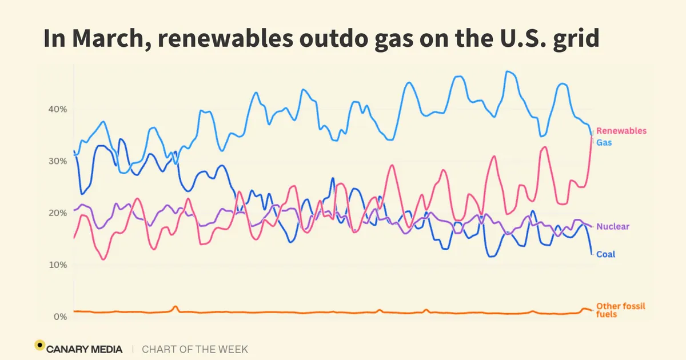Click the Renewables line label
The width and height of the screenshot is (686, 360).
click(621, 131)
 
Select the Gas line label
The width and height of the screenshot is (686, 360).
click(604, 143)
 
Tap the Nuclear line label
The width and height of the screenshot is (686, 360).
click(613, 226)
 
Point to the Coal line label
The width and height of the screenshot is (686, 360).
click(605, 254)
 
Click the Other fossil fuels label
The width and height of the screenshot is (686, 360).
click(620, 310)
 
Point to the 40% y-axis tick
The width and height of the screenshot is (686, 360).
click(58, 109)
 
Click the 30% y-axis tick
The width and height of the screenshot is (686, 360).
click(58, 161)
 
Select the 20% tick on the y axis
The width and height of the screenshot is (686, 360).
click(58, 213)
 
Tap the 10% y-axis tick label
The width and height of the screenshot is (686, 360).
click(58, 265)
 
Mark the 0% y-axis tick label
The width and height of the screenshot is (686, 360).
click(61, 317)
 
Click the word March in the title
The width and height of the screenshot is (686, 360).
click(111, 39)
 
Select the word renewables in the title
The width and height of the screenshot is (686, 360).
click(225, 39)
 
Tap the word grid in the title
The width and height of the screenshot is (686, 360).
click(576, 39)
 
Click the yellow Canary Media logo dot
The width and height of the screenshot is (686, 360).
click(40, 345)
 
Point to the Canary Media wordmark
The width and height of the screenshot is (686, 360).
click(84, 349)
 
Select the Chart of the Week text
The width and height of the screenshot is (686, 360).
click(195, 349)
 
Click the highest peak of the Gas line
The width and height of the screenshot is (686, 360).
click(508, 71)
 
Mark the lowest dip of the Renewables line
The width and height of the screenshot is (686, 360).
click(103, 259)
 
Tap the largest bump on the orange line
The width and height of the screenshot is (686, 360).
click(175, 306)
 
